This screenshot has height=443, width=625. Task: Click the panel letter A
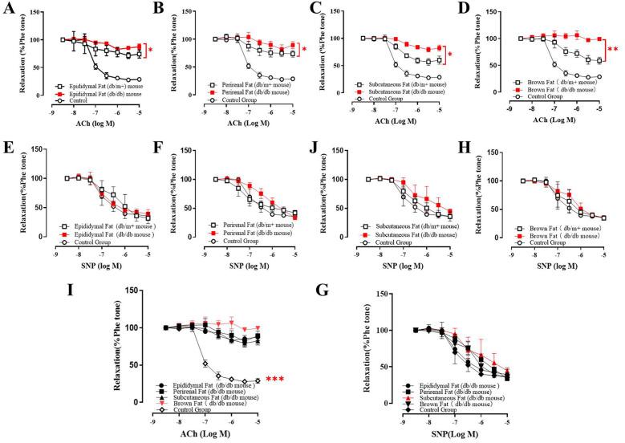8,9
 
